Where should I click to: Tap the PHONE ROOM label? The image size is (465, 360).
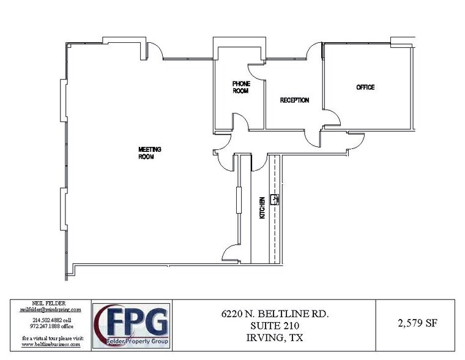coord(240,87)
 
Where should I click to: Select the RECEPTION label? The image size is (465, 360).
coord(294,100)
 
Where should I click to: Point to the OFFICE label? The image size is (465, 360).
coord(365,88)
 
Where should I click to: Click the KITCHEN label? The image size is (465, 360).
coord(262,208)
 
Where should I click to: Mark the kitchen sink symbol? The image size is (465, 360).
coord(275,198)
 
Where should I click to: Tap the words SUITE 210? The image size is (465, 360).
coord(275,324)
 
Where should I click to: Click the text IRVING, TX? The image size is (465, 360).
coord(275,336)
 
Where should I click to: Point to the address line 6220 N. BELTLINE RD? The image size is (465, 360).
coord(275,313)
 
